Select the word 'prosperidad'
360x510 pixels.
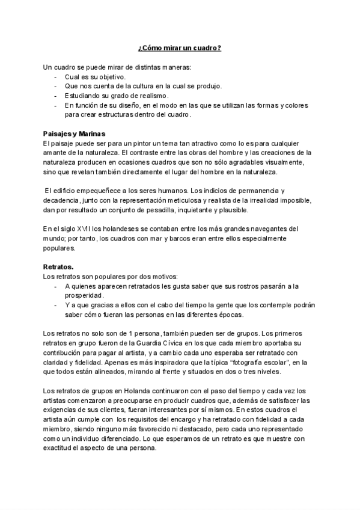(84, 295)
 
